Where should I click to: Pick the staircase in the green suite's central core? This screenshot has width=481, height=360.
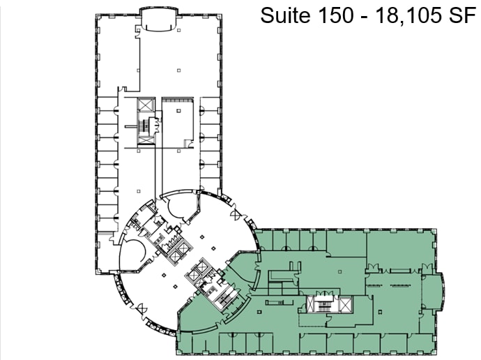point(325,305)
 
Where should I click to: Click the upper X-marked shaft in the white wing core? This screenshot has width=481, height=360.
point(145,105)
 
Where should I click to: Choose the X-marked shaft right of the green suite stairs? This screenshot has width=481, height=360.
point(344,305)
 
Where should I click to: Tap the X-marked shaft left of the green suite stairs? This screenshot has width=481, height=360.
point(312,305)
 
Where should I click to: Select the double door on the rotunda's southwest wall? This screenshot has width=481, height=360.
point(142,307)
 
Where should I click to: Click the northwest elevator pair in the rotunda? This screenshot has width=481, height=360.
point(176,249)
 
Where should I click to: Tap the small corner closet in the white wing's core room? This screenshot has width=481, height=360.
point(188,144)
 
